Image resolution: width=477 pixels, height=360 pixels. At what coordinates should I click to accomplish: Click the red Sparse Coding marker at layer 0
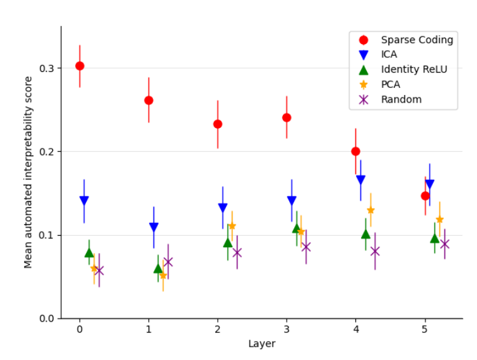pyautogui.click(x=80, y=66)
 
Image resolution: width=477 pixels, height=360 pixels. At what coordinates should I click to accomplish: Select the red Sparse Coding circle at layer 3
pyautogui.click(x=287, y=117)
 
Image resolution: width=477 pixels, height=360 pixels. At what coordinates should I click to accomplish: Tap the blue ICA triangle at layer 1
pyautogui.click(x=153, y=227)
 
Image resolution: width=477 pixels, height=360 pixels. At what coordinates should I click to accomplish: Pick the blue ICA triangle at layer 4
pyautogui.click(x=360, y=180)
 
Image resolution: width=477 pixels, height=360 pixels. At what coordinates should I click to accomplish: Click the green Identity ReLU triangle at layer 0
pyautogui.click(x=89, y=252)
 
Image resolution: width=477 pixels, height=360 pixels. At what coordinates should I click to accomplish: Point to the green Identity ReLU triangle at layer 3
pyautogui.click(x=297, y=228)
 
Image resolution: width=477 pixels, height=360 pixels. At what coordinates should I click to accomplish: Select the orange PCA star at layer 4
pyautogui.click(x=371, y=210)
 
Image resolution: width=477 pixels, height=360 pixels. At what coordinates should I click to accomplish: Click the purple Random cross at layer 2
pyautogui.click(x=237, y=252)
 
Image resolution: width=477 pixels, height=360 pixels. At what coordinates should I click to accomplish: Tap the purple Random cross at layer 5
pyautogui.click(x=445, y=244)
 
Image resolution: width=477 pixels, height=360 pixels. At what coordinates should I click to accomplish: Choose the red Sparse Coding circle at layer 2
pyautogui.click(x=218, y=124)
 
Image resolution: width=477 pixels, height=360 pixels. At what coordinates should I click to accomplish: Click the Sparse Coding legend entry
pyautogui.click(x=416, y=40)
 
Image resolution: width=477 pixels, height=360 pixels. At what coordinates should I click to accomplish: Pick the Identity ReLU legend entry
pyautogui.click(x=414, y=69)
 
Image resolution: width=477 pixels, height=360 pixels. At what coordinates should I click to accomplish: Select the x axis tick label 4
pyautogui.click(x=356, y=329)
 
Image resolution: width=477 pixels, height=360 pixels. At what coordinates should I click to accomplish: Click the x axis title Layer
pyautogui.click(x=262, y=344)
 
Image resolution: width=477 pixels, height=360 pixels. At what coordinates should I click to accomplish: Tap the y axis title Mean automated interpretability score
pyautogui.click(x=28, y=172)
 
